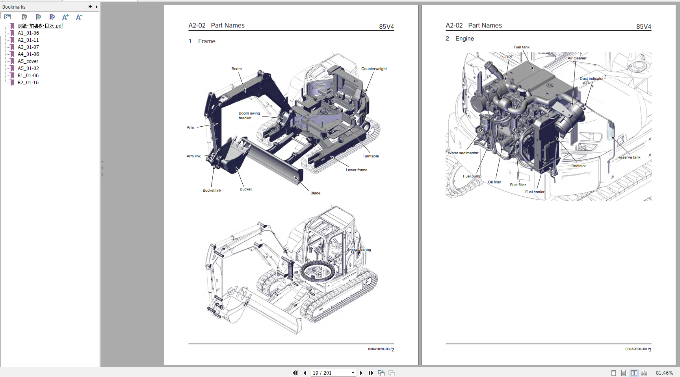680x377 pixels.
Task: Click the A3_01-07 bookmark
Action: click(x=28, y=47)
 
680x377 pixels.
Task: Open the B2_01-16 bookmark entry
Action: click(x=28, y=83)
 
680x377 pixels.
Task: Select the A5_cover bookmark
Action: click(x=28, y=61)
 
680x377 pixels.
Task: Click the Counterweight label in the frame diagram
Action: click(x=374, y=69)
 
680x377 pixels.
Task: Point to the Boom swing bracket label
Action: click(x=249, y=116)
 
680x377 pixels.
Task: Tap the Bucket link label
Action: click(x=212, y=190)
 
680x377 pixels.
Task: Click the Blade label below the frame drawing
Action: click(x=315, y=193)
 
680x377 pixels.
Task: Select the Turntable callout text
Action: click(x=370, y=156)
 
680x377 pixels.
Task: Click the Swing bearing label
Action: click(x=359, y=249)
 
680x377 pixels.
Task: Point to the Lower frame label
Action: click(x=356, y=170)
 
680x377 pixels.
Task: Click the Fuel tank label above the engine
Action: click(x=521, y=47)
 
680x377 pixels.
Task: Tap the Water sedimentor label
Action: click(x=463, y=153)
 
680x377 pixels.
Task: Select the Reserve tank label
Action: click(x=629, y=157)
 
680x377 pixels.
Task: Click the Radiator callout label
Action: click(x=578, y=166)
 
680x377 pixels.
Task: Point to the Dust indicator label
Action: click(x=591, y=79)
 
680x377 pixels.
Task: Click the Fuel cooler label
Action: click(x=535, y=192)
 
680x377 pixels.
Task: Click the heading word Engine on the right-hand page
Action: click(x=464, y=39)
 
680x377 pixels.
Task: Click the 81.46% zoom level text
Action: click(x=664, y=373)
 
